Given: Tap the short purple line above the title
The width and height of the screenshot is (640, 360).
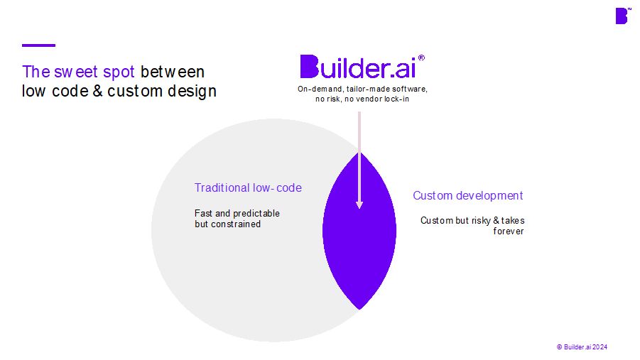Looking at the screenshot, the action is (x=39, y=45).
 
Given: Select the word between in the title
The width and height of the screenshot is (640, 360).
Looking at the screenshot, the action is (x=172, y=72).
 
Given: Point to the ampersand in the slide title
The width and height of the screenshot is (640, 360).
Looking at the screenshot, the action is (x=97, y=91).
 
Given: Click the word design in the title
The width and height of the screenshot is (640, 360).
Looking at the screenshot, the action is (x=192, y=92).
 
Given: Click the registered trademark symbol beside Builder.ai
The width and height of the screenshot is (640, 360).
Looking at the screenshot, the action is (x=421, y=58).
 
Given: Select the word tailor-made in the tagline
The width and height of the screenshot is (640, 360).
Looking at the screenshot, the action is (x=369, y=89).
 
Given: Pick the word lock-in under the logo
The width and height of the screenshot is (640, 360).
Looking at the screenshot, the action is (x=396, y=99).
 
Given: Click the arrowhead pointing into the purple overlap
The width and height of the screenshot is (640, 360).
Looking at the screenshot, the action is (x=359, y=204).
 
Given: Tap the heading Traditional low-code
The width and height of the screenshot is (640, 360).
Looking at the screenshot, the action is (x=248, y=187).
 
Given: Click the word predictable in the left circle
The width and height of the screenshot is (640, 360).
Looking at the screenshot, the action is (x=256, y=214).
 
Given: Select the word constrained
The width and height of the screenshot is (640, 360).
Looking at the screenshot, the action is (x=236, y=224).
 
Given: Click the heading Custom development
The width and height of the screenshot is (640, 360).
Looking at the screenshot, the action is (x=468, y=196).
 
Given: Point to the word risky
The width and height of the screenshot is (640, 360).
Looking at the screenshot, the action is (x=481, y=221).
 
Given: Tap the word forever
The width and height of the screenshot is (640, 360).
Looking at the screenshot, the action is (x=508, y=231).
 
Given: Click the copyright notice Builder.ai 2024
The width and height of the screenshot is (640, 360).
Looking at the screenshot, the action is (x=582, y=347).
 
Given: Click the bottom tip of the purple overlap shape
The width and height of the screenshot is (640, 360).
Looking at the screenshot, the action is (x=359, y=309).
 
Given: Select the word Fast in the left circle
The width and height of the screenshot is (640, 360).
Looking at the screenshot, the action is (x=203, y=214).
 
